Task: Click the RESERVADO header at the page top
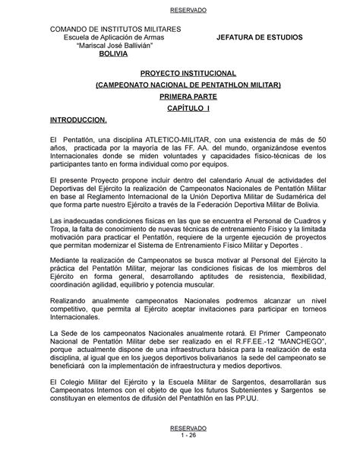[x=180, y=11]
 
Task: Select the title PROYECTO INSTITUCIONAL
[x=180, y=75]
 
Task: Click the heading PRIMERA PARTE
[x=180, y=98]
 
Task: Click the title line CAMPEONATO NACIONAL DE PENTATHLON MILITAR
[x=180, y=87]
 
